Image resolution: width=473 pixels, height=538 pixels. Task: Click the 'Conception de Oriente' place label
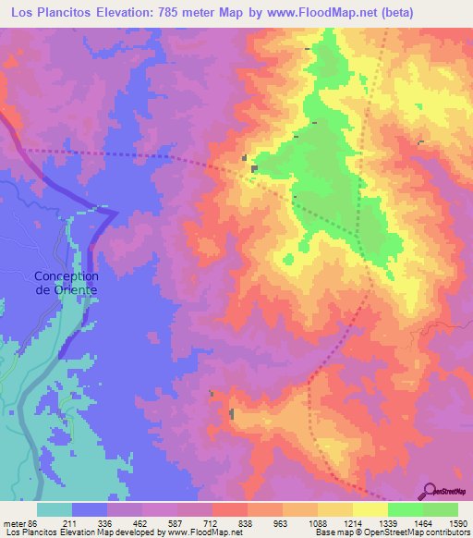point(67,282)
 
